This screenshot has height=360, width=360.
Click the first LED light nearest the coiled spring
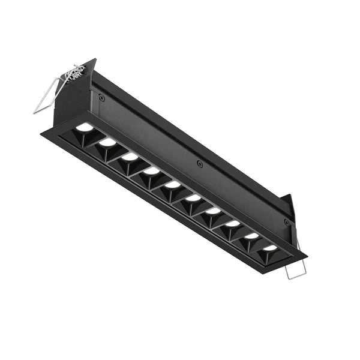coord(85,127)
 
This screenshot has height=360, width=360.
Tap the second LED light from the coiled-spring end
coord(107,142)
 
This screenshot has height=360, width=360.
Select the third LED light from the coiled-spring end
coord(130,157)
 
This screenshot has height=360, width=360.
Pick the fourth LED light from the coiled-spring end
coord(151,171)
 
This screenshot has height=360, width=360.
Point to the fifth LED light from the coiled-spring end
coord(173,185)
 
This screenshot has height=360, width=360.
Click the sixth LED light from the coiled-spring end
coord(193,198)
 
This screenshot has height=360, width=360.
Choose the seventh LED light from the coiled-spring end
coord(213,211)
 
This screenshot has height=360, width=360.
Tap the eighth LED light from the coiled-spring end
coord(233,224)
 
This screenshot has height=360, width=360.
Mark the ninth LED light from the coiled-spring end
coord(252,236)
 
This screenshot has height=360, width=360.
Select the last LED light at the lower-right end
coord(271,248)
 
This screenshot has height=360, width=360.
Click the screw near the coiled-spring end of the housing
coord(102,98)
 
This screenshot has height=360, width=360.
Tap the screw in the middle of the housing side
coord(200,164)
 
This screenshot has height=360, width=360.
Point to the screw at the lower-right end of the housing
coord(286,222)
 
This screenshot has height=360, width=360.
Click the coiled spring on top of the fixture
coord(76,74)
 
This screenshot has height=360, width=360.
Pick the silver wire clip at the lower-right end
coord(296,268)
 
